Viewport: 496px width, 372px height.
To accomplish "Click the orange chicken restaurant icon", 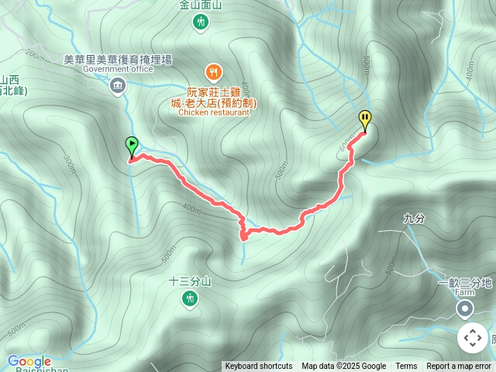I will click(215, 73).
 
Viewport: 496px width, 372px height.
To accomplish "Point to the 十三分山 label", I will click(190, 281).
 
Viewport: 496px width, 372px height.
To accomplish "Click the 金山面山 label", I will click(201, 5).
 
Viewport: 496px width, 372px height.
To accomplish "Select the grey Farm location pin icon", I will click(464, 310).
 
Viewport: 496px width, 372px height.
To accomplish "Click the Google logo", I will click(29, 361).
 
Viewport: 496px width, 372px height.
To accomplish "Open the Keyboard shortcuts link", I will click(259, 367).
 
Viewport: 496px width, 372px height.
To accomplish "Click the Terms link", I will click(406, 367).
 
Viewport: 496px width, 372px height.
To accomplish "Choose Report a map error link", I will click(460, 367).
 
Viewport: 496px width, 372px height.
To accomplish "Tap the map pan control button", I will click(472, 338).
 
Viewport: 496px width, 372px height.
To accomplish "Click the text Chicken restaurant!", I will click(215, 112).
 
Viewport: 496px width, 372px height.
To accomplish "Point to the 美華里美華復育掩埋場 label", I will click(118, 59).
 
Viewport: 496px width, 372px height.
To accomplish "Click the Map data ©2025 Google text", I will click(343, 367).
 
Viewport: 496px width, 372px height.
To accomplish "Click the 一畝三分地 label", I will click(465, 284).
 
